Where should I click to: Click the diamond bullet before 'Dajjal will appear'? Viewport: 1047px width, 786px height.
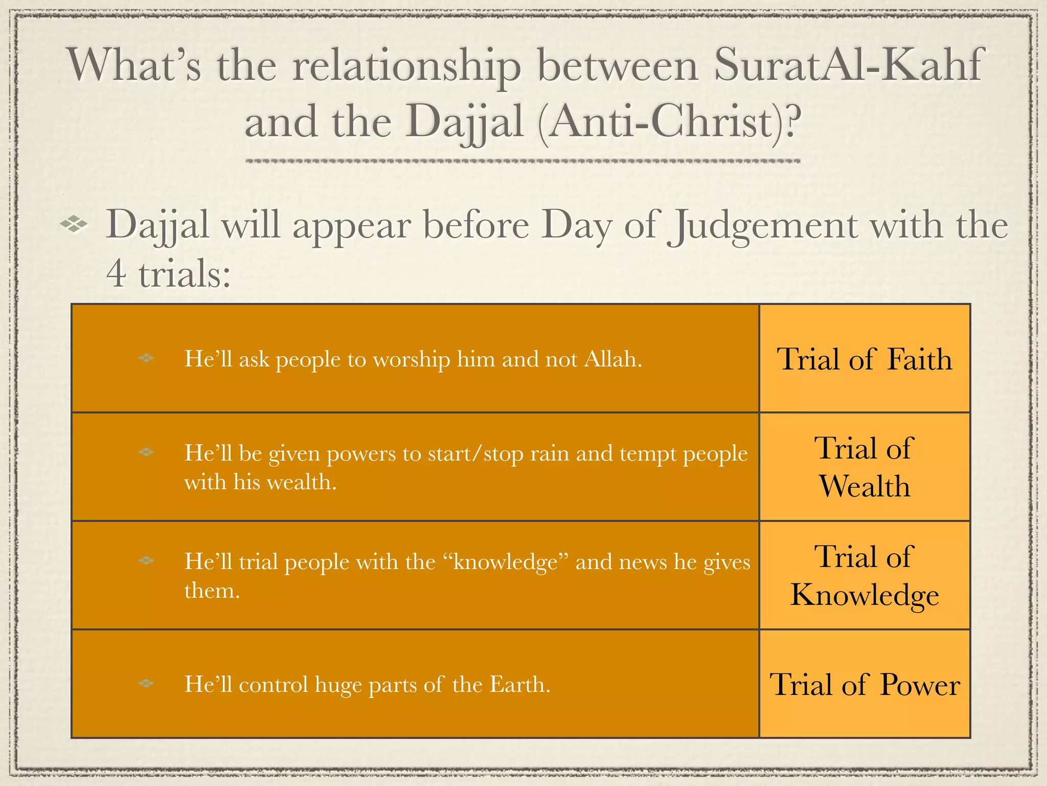[74, 224]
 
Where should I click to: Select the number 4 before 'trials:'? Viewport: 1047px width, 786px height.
[116, 273]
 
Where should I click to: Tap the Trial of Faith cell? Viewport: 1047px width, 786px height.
[864, 359]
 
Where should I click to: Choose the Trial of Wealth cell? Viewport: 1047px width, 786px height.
[864, 467]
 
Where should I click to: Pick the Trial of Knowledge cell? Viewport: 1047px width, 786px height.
[864, 575]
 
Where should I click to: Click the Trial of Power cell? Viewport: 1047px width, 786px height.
[864, 684]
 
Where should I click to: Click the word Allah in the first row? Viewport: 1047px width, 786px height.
[610, 359]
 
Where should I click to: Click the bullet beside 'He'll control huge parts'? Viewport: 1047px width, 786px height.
[146, 683]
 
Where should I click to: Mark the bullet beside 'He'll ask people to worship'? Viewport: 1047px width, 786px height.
[146, 358]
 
